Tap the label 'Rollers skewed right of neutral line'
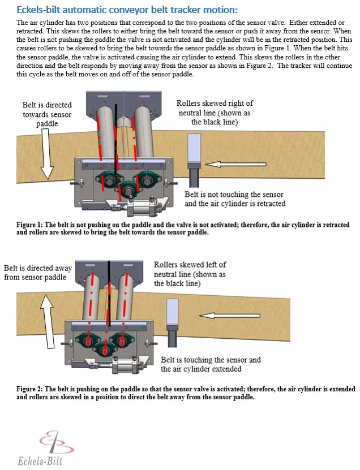(215, 113)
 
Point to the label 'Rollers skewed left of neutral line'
(190, 274)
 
